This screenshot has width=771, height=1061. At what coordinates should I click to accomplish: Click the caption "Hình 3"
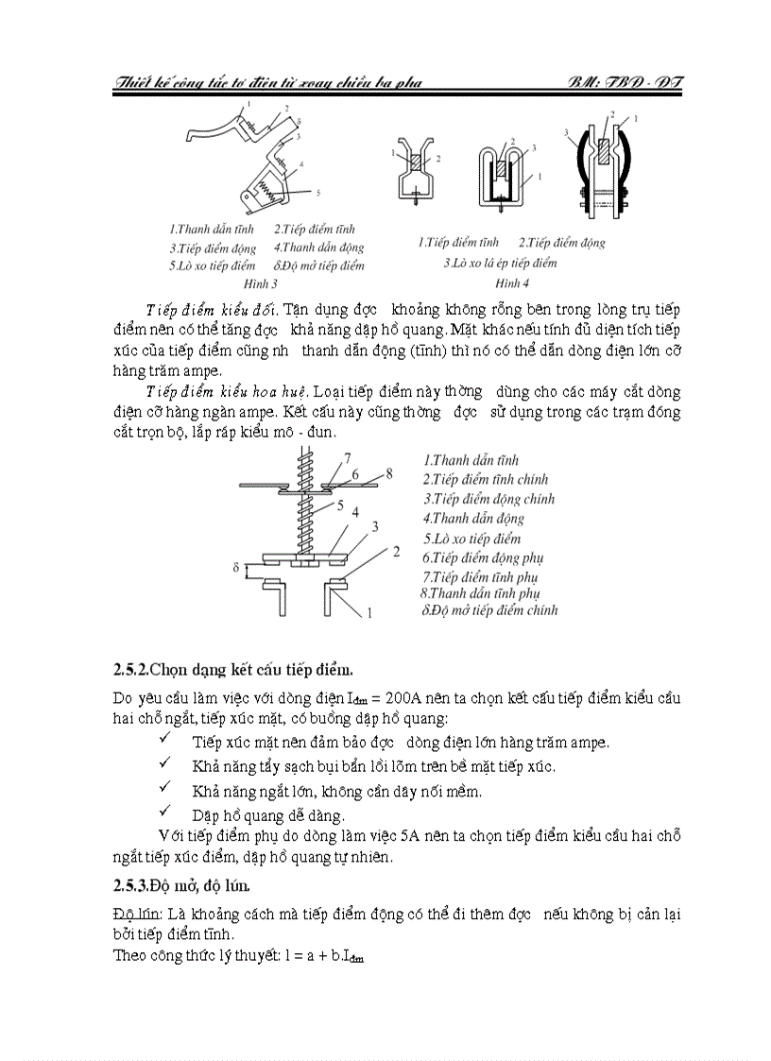tap(261, 282)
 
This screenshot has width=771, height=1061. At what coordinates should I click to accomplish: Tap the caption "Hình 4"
tap(512, 282)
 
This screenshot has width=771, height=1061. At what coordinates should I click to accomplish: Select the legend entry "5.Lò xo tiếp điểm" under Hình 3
tap(214, 265)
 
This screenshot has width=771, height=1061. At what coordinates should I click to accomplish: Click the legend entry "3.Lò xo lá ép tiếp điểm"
tap(500, 263)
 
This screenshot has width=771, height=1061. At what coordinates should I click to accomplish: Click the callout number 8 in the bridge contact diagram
tap(388, 472)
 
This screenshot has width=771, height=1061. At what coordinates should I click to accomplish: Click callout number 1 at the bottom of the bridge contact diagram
tap(370, 612)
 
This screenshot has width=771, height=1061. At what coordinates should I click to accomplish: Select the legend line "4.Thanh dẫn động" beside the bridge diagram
tap(473, 518)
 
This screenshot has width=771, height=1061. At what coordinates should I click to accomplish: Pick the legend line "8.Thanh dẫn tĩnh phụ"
tap(480, 593)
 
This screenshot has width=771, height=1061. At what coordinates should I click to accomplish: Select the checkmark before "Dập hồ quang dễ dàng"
tap(166, 813)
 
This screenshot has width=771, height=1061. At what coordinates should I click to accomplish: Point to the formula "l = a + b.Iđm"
tap(303, 955)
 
